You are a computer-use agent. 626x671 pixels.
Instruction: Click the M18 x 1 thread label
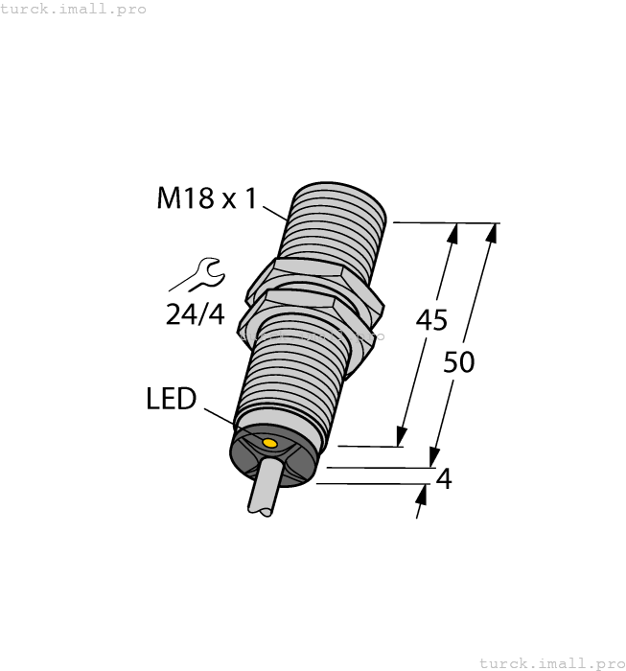click(x=206, y=199)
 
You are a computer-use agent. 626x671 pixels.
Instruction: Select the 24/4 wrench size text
click(x=196, y=314)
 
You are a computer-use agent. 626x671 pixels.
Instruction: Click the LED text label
click(x=172, y=399)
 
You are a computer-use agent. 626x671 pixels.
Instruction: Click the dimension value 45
click(x=431, y=321)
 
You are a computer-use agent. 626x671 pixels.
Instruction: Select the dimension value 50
click(x=460, y=363)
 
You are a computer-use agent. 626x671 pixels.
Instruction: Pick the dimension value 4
click(x=443, y=478)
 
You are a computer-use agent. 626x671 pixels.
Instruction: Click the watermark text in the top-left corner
click(x=74, y=9)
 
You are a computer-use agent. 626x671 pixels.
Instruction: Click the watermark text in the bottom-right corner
click(x=550, y=662)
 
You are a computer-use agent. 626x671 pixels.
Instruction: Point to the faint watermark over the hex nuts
click(x=312, y=336)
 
